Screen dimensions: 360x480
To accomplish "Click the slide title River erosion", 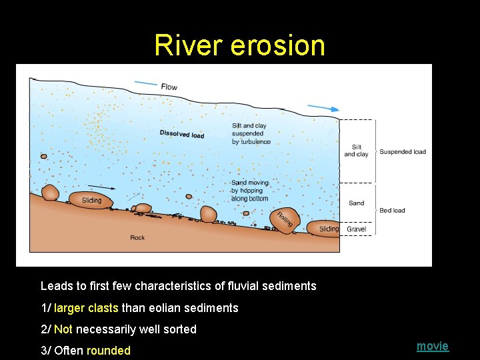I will click(x=239, y=45).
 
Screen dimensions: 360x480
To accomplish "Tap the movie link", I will click(x=433, y=345).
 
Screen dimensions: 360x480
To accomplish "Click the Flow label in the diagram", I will click(x=169, y=87).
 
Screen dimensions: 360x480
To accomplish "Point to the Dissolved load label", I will click(x=182, y=134).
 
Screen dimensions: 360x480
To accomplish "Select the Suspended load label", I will click(x=403, y=151).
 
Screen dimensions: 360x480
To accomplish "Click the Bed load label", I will click(x=392, y=211).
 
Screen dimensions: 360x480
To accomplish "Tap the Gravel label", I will click(x=356, y=229).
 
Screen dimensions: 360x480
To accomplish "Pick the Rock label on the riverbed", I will click(x=137, y=237).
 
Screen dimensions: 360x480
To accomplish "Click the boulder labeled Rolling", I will click(x=283, y=219).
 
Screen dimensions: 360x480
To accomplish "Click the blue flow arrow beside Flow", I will click(x=145, y=83).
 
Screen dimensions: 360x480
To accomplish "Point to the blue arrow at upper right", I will click(x=323, y=108).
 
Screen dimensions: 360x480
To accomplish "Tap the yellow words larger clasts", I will click(x=86, y=308).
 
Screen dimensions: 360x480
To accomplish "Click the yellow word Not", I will click(x=63, y=329).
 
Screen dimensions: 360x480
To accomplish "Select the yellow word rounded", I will click(x=109, y=350).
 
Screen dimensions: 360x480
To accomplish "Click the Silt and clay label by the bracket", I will click(x=356, y=151).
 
